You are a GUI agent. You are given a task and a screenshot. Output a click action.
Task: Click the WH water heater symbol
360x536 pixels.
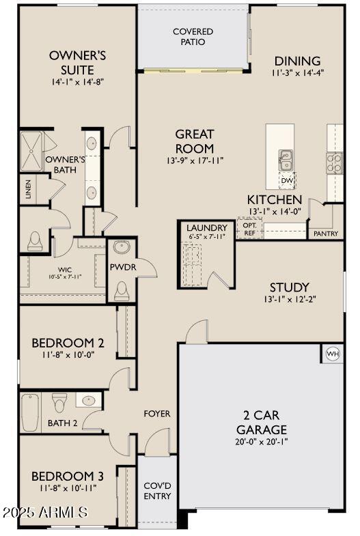pos(333,353)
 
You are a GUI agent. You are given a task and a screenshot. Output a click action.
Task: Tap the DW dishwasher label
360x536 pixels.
pos(287,180)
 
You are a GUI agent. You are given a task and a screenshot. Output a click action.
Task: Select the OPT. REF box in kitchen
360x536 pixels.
pos(249,228)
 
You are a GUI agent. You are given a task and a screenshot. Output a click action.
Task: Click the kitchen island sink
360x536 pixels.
pos(286,160)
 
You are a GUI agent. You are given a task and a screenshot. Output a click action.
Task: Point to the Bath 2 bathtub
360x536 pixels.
pos(29,412)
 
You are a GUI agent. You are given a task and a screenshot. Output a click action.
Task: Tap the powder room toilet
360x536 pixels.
pos(121,292)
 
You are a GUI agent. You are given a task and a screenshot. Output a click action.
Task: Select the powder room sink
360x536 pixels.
pos(122,247)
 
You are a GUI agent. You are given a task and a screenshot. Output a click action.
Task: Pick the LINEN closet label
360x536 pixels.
pos(28,188)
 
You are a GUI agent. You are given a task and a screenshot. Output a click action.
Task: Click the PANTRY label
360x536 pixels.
pos(325,234)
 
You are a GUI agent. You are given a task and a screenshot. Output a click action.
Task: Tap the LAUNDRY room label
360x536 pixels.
pos(206,227)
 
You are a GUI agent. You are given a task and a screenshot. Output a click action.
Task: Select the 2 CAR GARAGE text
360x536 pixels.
pos(262,422)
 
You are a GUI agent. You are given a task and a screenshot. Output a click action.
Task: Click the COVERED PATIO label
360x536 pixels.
pos(193,37)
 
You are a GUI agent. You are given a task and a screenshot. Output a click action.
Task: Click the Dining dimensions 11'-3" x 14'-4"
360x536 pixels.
pos(298,72)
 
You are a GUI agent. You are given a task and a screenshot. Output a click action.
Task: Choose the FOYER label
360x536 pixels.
pos(156,414)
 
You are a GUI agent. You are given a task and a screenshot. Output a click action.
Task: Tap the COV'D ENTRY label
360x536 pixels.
pos(157,490)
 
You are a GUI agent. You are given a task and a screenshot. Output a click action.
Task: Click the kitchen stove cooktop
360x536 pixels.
pos(334,162)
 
